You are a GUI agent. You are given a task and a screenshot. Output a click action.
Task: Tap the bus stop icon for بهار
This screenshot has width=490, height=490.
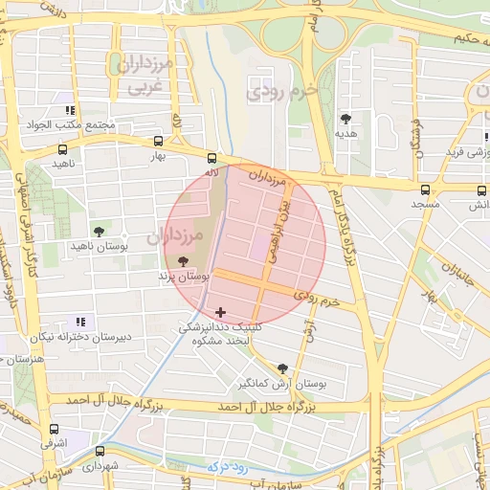pyautogui.click(x=63, y=149)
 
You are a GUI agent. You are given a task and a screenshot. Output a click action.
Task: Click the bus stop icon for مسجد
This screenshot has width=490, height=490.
pyautogui.click(x=425, y=189)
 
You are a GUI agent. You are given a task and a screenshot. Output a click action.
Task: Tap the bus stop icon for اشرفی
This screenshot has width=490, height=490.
pyautogui.click(x=54, y=430)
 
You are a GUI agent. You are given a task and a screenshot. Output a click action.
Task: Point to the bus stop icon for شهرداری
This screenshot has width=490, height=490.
pyautogui.click(x=100, y=452)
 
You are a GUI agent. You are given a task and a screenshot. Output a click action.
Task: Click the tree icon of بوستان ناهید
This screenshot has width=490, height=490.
pyautogui.click(x=99, y=232)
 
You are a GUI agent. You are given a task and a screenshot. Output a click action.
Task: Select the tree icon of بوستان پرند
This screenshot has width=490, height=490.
pyautogui.click(x=183, y=260)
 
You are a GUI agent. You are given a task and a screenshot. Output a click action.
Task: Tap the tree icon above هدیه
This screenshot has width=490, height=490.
pyautogui.click(x=345, y=119)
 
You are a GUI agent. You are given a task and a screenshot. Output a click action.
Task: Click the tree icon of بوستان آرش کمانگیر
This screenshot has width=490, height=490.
pyautogui.click(x=281, y=368)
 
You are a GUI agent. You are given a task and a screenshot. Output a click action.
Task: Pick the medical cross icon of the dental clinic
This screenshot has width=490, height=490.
pyautogui.click(x=221, y=311)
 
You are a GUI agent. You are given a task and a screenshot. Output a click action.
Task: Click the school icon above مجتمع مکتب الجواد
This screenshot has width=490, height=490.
pyautogui.click(x=70, y=110)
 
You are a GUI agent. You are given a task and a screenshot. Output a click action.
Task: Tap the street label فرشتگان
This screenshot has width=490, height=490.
pyautogui.click(x=418, y=139)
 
